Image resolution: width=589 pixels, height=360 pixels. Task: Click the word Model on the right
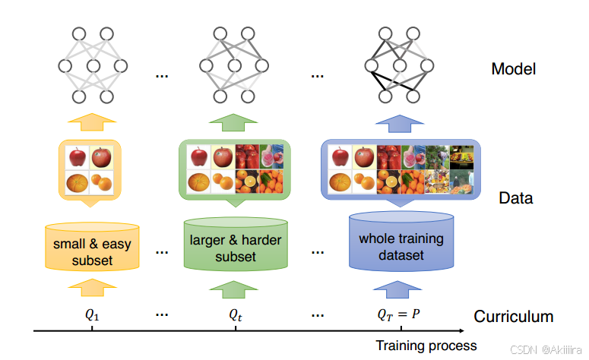(513, 69)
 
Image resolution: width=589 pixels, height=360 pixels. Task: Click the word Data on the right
(515, 199)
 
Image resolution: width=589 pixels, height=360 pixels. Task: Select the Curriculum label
(513, 317)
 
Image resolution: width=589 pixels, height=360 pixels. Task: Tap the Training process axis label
(426, 346)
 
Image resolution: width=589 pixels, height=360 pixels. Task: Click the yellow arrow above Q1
(93, 287)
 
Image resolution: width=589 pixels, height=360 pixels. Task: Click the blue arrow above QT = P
(399, 287)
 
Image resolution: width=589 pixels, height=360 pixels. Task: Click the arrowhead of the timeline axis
(462, 330)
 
